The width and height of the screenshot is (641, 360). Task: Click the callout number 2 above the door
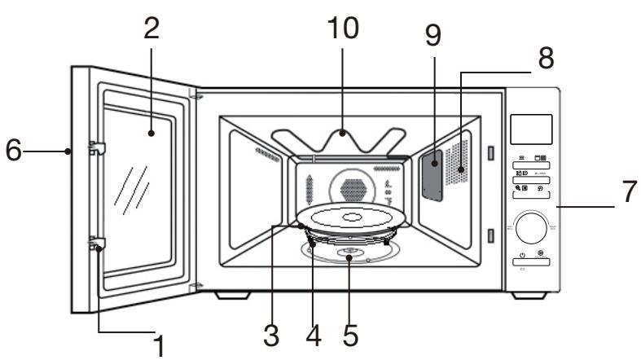(152, 29)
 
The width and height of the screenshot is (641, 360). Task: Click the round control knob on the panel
(533, 226)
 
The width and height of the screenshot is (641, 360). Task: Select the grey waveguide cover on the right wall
(432, 172)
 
